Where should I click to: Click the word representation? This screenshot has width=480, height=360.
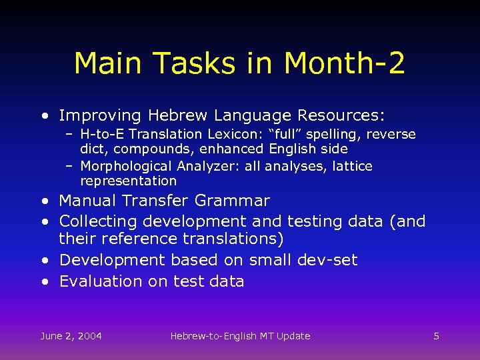[128, 181]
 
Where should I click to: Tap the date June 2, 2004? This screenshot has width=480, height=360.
[71, 336]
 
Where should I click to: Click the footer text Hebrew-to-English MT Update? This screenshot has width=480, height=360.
[240, 336]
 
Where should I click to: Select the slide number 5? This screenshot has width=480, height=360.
[436, 336]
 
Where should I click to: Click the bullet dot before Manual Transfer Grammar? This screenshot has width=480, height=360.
[44, 201]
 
